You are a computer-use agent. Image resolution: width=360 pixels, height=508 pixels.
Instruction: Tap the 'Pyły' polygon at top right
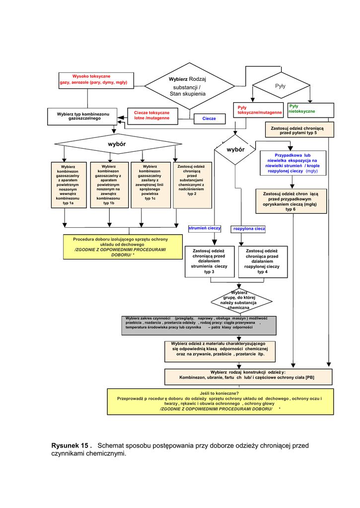coord(281,86)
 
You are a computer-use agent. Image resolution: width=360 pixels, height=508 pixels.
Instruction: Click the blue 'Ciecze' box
coord(209,119)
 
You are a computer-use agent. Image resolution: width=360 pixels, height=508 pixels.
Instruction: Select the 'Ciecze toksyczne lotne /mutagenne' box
coord(151,116)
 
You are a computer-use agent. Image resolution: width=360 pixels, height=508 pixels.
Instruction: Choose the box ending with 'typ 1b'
coord(109,185)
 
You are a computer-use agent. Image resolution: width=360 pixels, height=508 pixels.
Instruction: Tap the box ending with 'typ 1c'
coord(150,185)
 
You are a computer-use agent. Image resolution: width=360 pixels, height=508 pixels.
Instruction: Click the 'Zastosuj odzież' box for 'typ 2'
coord(192,185)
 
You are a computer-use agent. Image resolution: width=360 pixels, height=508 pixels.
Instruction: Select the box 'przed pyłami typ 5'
coord(298,130)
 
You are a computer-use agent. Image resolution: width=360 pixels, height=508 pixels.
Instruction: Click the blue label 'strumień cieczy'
coord(205,228)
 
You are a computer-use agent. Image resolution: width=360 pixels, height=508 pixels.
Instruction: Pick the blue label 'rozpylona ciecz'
coord(249,229)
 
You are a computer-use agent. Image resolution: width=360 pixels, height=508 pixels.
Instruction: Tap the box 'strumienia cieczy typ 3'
coord(209,261)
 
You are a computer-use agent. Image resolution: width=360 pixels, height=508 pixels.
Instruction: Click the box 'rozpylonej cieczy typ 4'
coord(262,261)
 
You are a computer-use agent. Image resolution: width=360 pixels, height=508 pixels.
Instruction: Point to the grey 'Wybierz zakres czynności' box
coord(199,325)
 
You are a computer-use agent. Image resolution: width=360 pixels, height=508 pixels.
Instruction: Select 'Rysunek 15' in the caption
coord(72,445)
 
